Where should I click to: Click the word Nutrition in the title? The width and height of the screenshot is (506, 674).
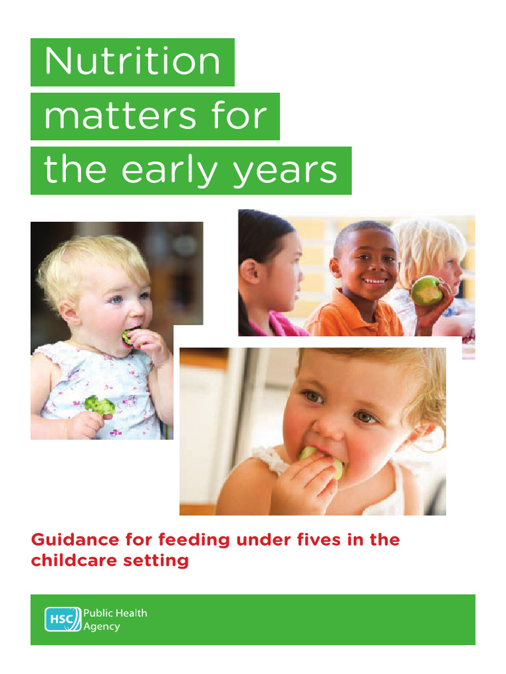(x=132, y=62)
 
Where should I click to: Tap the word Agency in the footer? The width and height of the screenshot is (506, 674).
(x=101, y=627)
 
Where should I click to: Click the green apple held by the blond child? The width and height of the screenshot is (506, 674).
(x=426, y=290)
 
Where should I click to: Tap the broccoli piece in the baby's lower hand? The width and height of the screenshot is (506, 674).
(x=99, y=405)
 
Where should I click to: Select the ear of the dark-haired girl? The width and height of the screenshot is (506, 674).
(x=250, y=271)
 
